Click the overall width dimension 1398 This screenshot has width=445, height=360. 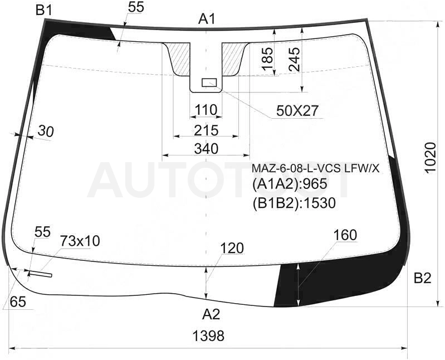click(208, 336)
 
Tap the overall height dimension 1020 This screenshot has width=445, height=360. click(431, 157)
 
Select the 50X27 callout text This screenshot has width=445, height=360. click(297, 111)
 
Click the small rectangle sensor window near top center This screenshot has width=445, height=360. click(209, 82)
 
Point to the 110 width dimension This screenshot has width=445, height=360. click(206, 110)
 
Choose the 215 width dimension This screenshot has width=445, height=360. click(206, 130)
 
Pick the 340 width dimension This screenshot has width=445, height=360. click(206, 149)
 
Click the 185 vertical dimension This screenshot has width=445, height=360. click(267, 59)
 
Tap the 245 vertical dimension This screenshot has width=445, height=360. click(294, 59)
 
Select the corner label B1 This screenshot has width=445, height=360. click(44, 11)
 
